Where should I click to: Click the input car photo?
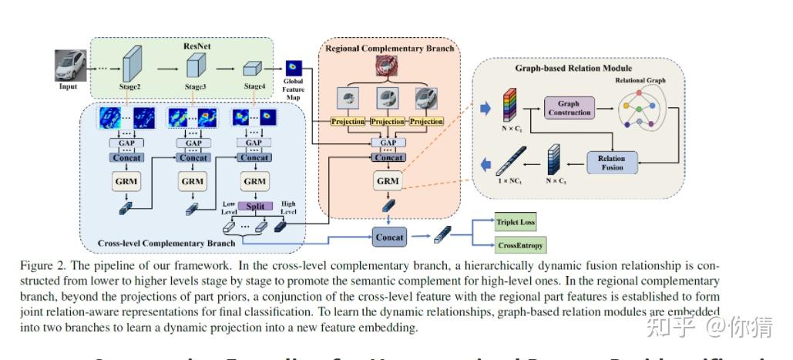point(68,66)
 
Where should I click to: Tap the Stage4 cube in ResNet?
point(254,68)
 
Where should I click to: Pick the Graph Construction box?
point(569,109)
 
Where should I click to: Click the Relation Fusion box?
point(612,163)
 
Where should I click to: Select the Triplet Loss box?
point(516,223)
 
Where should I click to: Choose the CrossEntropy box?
point(520,246)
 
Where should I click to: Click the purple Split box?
point(254,207)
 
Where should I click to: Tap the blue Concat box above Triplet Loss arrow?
point(389,237)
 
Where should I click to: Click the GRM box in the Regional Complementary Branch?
point(388,182)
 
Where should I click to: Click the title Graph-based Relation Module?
point(573,69)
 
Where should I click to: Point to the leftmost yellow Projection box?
point(348,121)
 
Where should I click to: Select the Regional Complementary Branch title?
point(389,49)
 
